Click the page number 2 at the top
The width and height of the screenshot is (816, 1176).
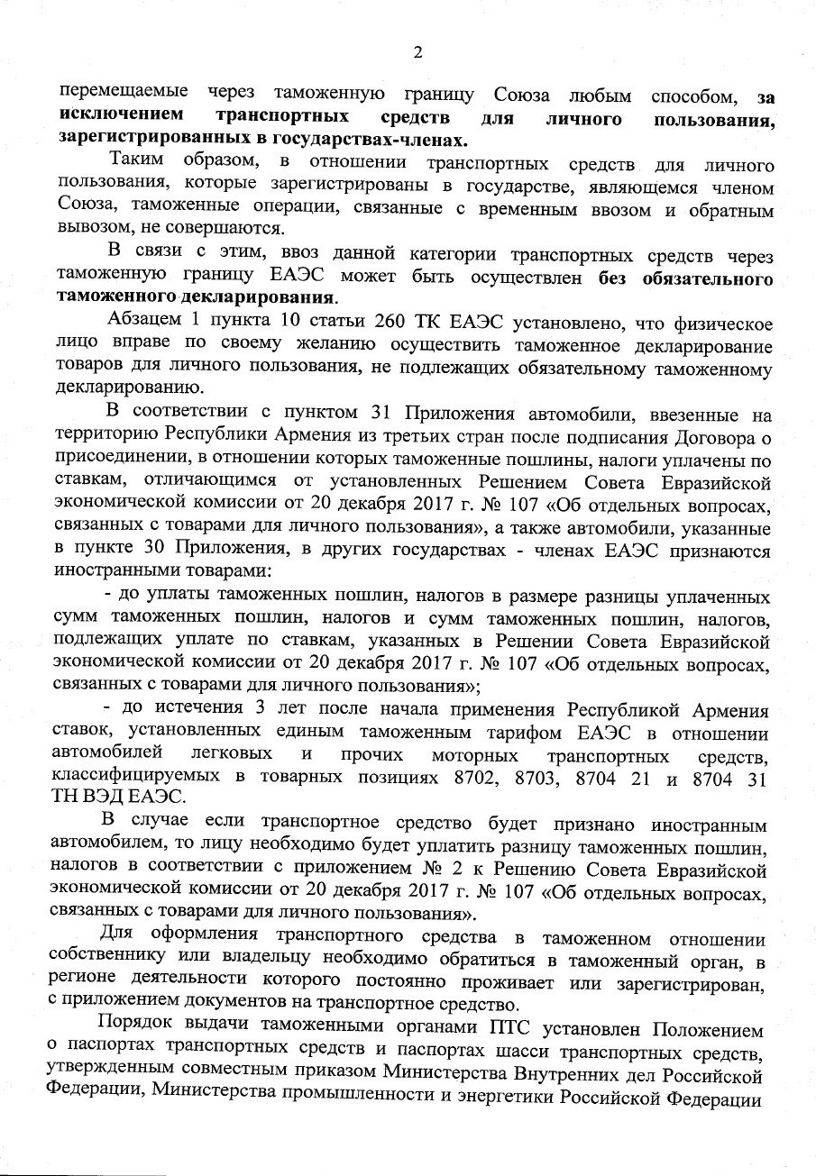417,51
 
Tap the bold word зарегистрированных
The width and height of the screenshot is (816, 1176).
147,141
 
